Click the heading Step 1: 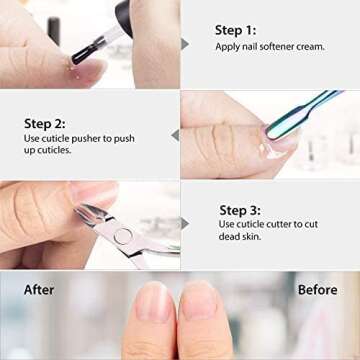pyautogui.click(x=235, y=30)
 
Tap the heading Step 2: pyautogui.click(x=44, y=123)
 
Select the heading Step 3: pyautogui.click(x=241, y=211)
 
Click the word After pyautogui.click(x=39, y=290)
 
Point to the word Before pyautogui.click(x=317, y=290)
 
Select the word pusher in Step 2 pyautogui.click(x=96, y=139)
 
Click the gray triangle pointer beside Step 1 pyautogui.click(x=185, y=44)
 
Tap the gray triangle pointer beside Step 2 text pyautogui.click(x=174, y=134)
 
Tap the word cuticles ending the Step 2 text pyautogui.click(x=56, y=151)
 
